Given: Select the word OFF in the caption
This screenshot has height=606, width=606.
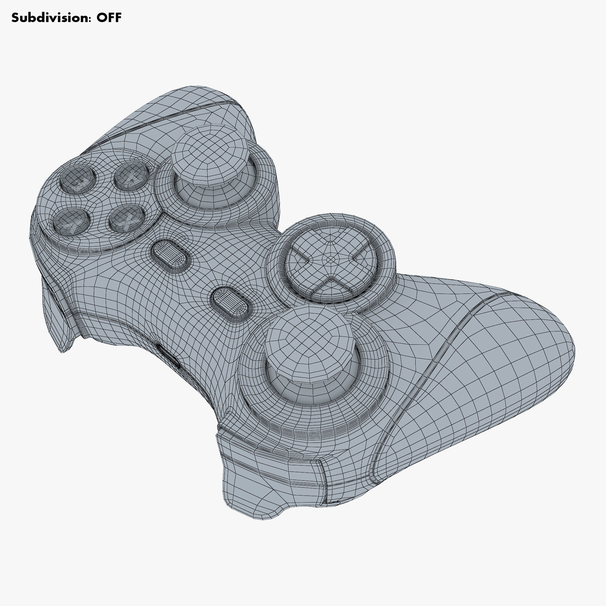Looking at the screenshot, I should (x=109, y=18).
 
